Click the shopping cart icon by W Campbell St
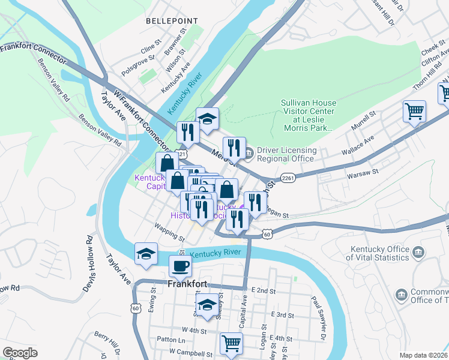click(231, 344)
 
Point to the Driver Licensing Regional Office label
click(285, 154)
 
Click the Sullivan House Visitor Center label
click(309, 116)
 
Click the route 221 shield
click(181, 154)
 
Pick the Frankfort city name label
click(188, 284)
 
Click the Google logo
click(20, 352)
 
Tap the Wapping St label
click(170, 233)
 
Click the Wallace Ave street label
click(357, 144)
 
